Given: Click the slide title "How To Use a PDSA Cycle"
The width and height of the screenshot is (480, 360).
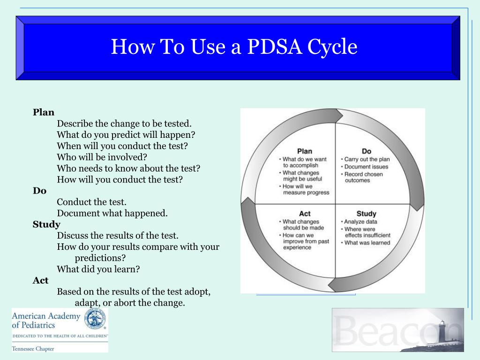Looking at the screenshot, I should click(x=234, y=47).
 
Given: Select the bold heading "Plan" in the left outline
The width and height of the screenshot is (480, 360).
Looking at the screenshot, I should click(x=44, y=112).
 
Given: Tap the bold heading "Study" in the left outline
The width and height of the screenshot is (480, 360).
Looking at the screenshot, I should click(x=46, y=225).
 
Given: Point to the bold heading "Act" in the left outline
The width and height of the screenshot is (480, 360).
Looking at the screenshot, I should click(x=40, y=280).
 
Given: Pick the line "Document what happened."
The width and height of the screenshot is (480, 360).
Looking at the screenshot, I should click(x=112, y=213).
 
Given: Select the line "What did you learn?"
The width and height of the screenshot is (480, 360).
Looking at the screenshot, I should click(x=98, y=269).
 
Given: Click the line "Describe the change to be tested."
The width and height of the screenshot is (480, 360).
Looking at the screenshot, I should click(x=124, y=124).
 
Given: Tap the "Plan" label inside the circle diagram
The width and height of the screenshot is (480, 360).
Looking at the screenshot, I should click(x=305, y=151).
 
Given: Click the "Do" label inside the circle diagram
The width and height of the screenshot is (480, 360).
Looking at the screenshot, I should click(x=367, y=151).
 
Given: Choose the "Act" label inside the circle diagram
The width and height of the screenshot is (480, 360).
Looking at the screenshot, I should click(x=305, y=214).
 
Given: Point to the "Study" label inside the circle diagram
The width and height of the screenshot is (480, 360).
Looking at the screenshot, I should click(x=367, y=214).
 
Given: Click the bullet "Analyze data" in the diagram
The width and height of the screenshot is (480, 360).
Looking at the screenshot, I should click(x=360, y=222).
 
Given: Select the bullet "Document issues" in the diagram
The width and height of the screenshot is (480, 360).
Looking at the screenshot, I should click(x=366, y=167).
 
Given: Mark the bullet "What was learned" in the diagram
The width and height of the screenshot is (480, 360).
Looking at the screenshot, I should click(x=367, y=243).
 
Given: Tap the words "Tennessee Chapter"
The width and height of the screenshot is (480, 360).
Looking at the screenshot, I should click(x=33, y=349).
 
